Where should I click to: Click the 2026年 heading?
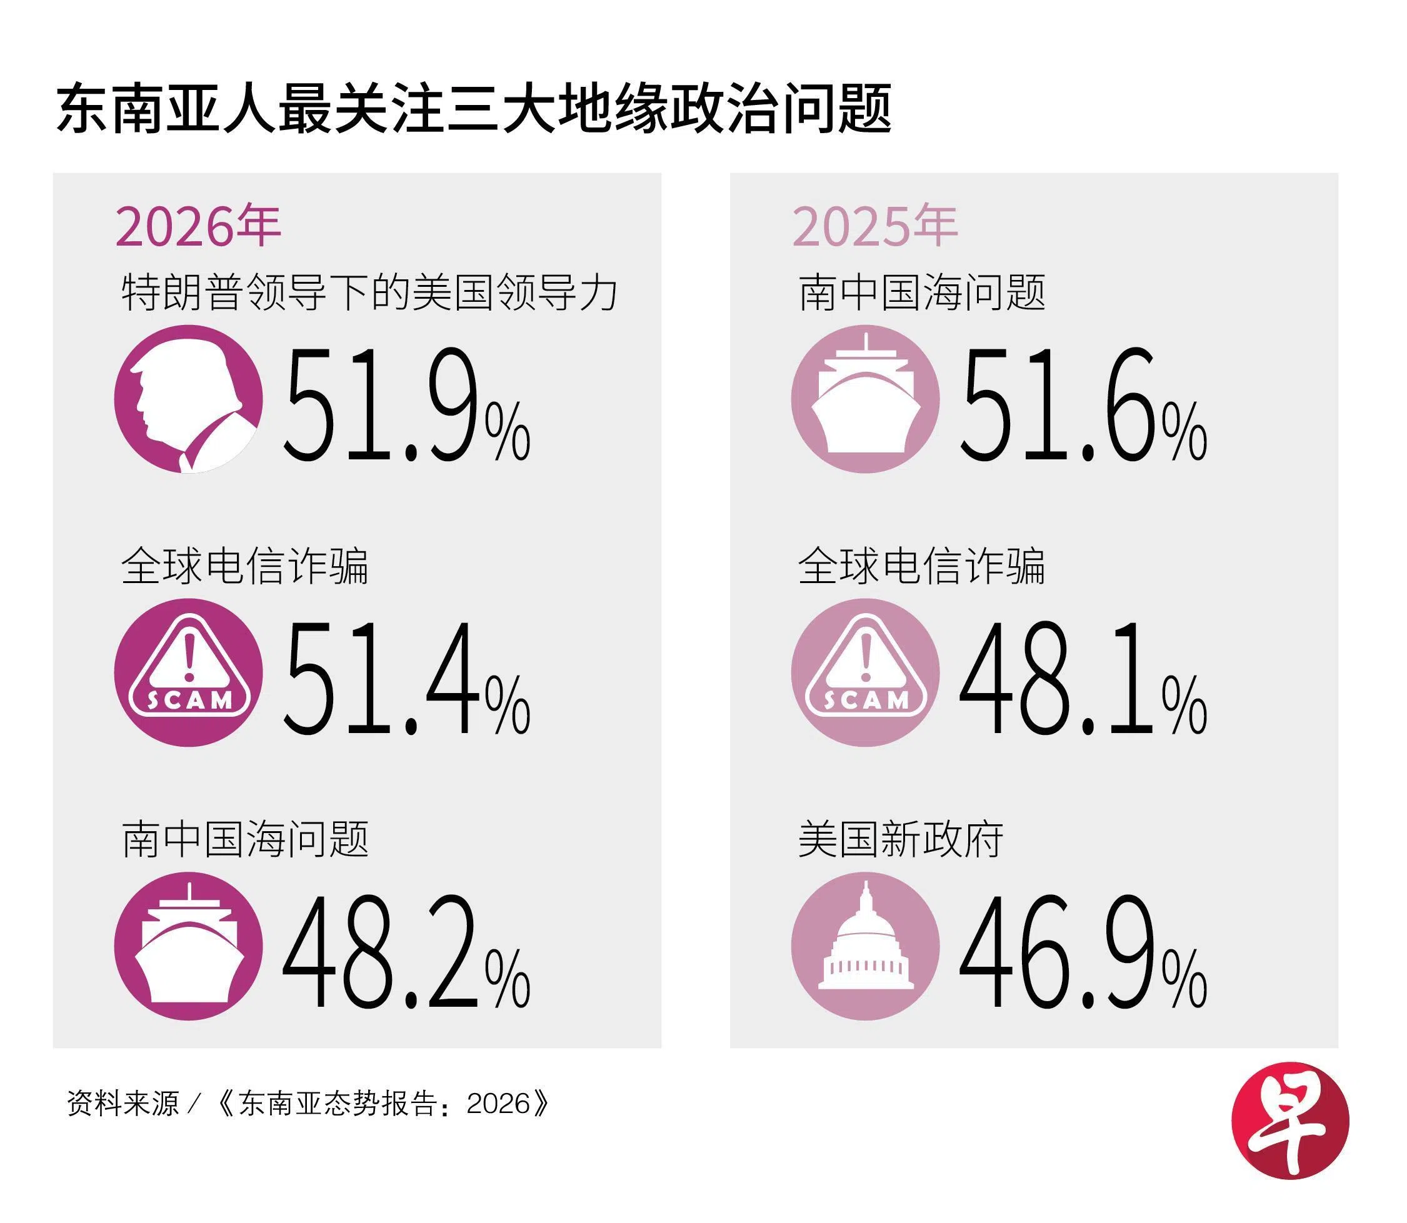[x=198, y=227]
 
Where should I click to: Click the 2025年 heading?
[x=874, y=227]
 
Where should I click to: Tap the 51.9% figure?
[x=406, y=406]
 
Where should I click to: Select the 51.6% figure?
[x=1083, y=406]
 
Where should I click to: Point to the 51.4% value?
[x=406, y=679]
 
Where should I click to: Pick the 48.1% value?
[x=1083, y=679]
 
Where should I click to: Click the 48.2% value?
[x=406, y=953]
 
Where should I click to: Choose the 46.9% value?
[x=1083, y=953]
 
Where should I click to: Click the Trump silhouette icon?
[x=188, y=399]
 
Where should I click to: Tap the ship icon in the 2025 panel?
[x=865, y=399]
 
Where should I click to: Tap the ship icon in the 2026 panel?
[x=188, y=947]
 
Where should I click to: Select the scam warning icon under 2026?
[x=188, y=673]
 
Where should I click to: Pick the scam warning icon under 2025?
[x=865, y=673]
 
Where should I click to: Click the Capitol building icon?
[x=865, y=947]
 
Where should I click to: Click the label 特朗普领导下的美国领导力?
[x=369, y=294]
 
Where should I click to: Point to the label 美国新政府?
[x=901, y=840]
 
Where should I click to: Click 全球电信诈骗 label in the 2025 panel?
[x=921, y=566]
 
